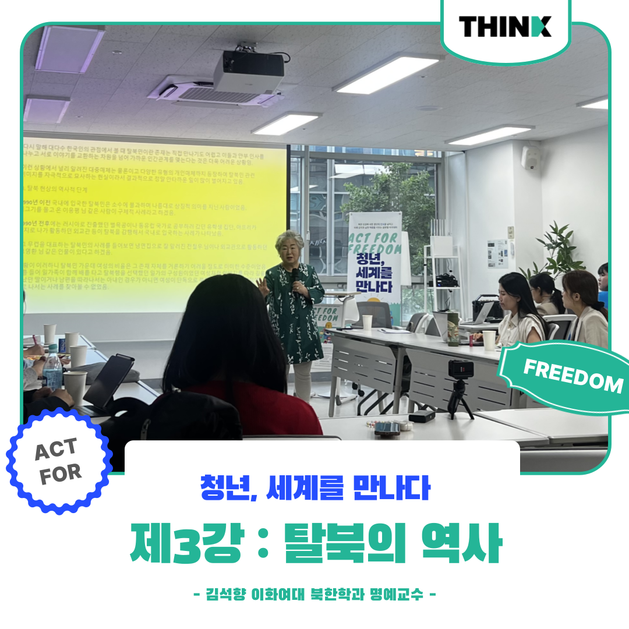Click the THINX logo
[504, 27]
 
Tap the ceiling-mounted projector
[249, 70]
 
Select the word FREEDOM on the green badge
[573, 376]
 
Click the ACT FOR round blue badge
[58, 460]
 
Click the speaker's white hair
[289, 240]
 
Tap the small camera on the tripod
[461, 369]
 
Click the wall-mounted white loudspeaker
[531, 158]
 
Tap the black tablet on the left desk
[108, 381]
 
